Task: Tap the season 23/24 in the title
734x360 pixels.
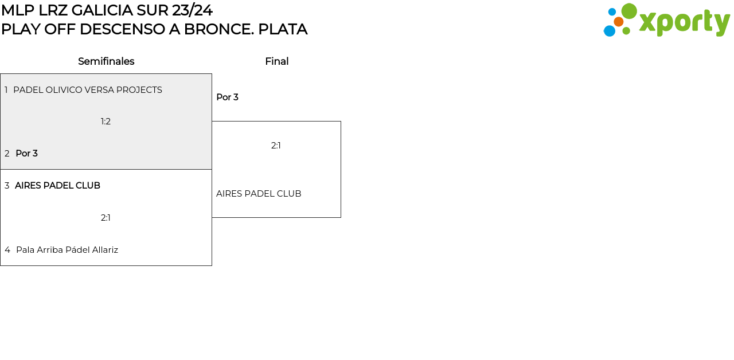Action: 192,10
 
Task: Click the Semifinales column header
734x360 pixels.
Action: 106,61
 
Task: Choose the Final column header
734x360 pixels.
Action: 276,61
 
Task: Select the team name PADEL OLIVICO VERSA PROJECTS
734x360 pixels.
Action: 88,90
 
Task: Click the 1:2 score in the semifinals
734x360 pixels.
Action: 106,122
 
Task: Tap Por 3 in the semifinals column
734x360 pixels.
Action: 26,154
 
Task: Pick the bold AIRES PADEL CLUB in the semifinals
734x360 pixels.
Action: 57,186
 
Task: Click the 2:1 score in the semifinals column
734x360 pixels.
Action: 106,218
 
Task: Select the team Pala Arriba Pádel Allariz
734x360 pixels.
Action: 67,250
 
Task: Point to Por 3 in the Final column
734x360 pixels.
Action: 227,97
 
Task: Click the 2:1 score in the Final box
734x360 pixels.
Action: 276,146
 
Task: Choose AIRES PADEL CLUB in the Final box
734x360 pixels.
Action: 259,194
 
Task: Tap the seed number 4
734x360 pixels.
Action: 7,250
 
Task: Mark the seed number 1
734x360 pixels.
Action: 6,90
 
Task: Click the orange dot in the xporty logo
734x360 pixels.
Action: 619,22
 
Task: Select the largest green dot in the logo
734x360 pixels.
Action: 629,11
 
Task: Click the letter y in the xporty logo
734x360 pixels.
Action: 722,24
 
